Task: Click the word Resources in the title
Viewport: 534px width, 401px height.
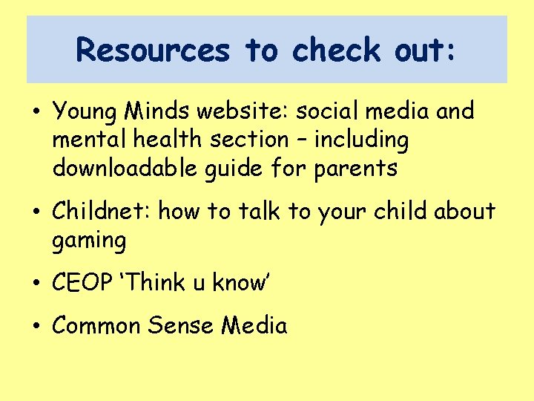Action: [153, 50]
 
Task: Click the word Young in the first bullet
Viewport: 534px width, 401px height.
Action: [84, 111]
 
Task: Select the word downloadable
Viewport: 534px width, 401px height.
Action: [119, 168]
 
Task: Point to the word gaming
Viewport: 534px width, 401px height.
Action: [90, 241]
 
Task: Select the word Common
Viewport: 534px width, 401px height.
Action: [100, 325]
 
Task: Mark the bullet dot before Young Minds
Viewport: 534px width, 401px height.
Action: [36, 113]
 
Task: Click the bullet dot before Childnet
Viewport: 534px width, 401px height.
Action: [36, 213]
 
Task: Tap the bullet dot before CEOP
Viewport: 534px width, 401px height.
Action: [36, 284]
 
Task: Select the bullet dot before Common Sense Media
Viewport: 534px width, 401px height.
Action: [36, 327]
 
